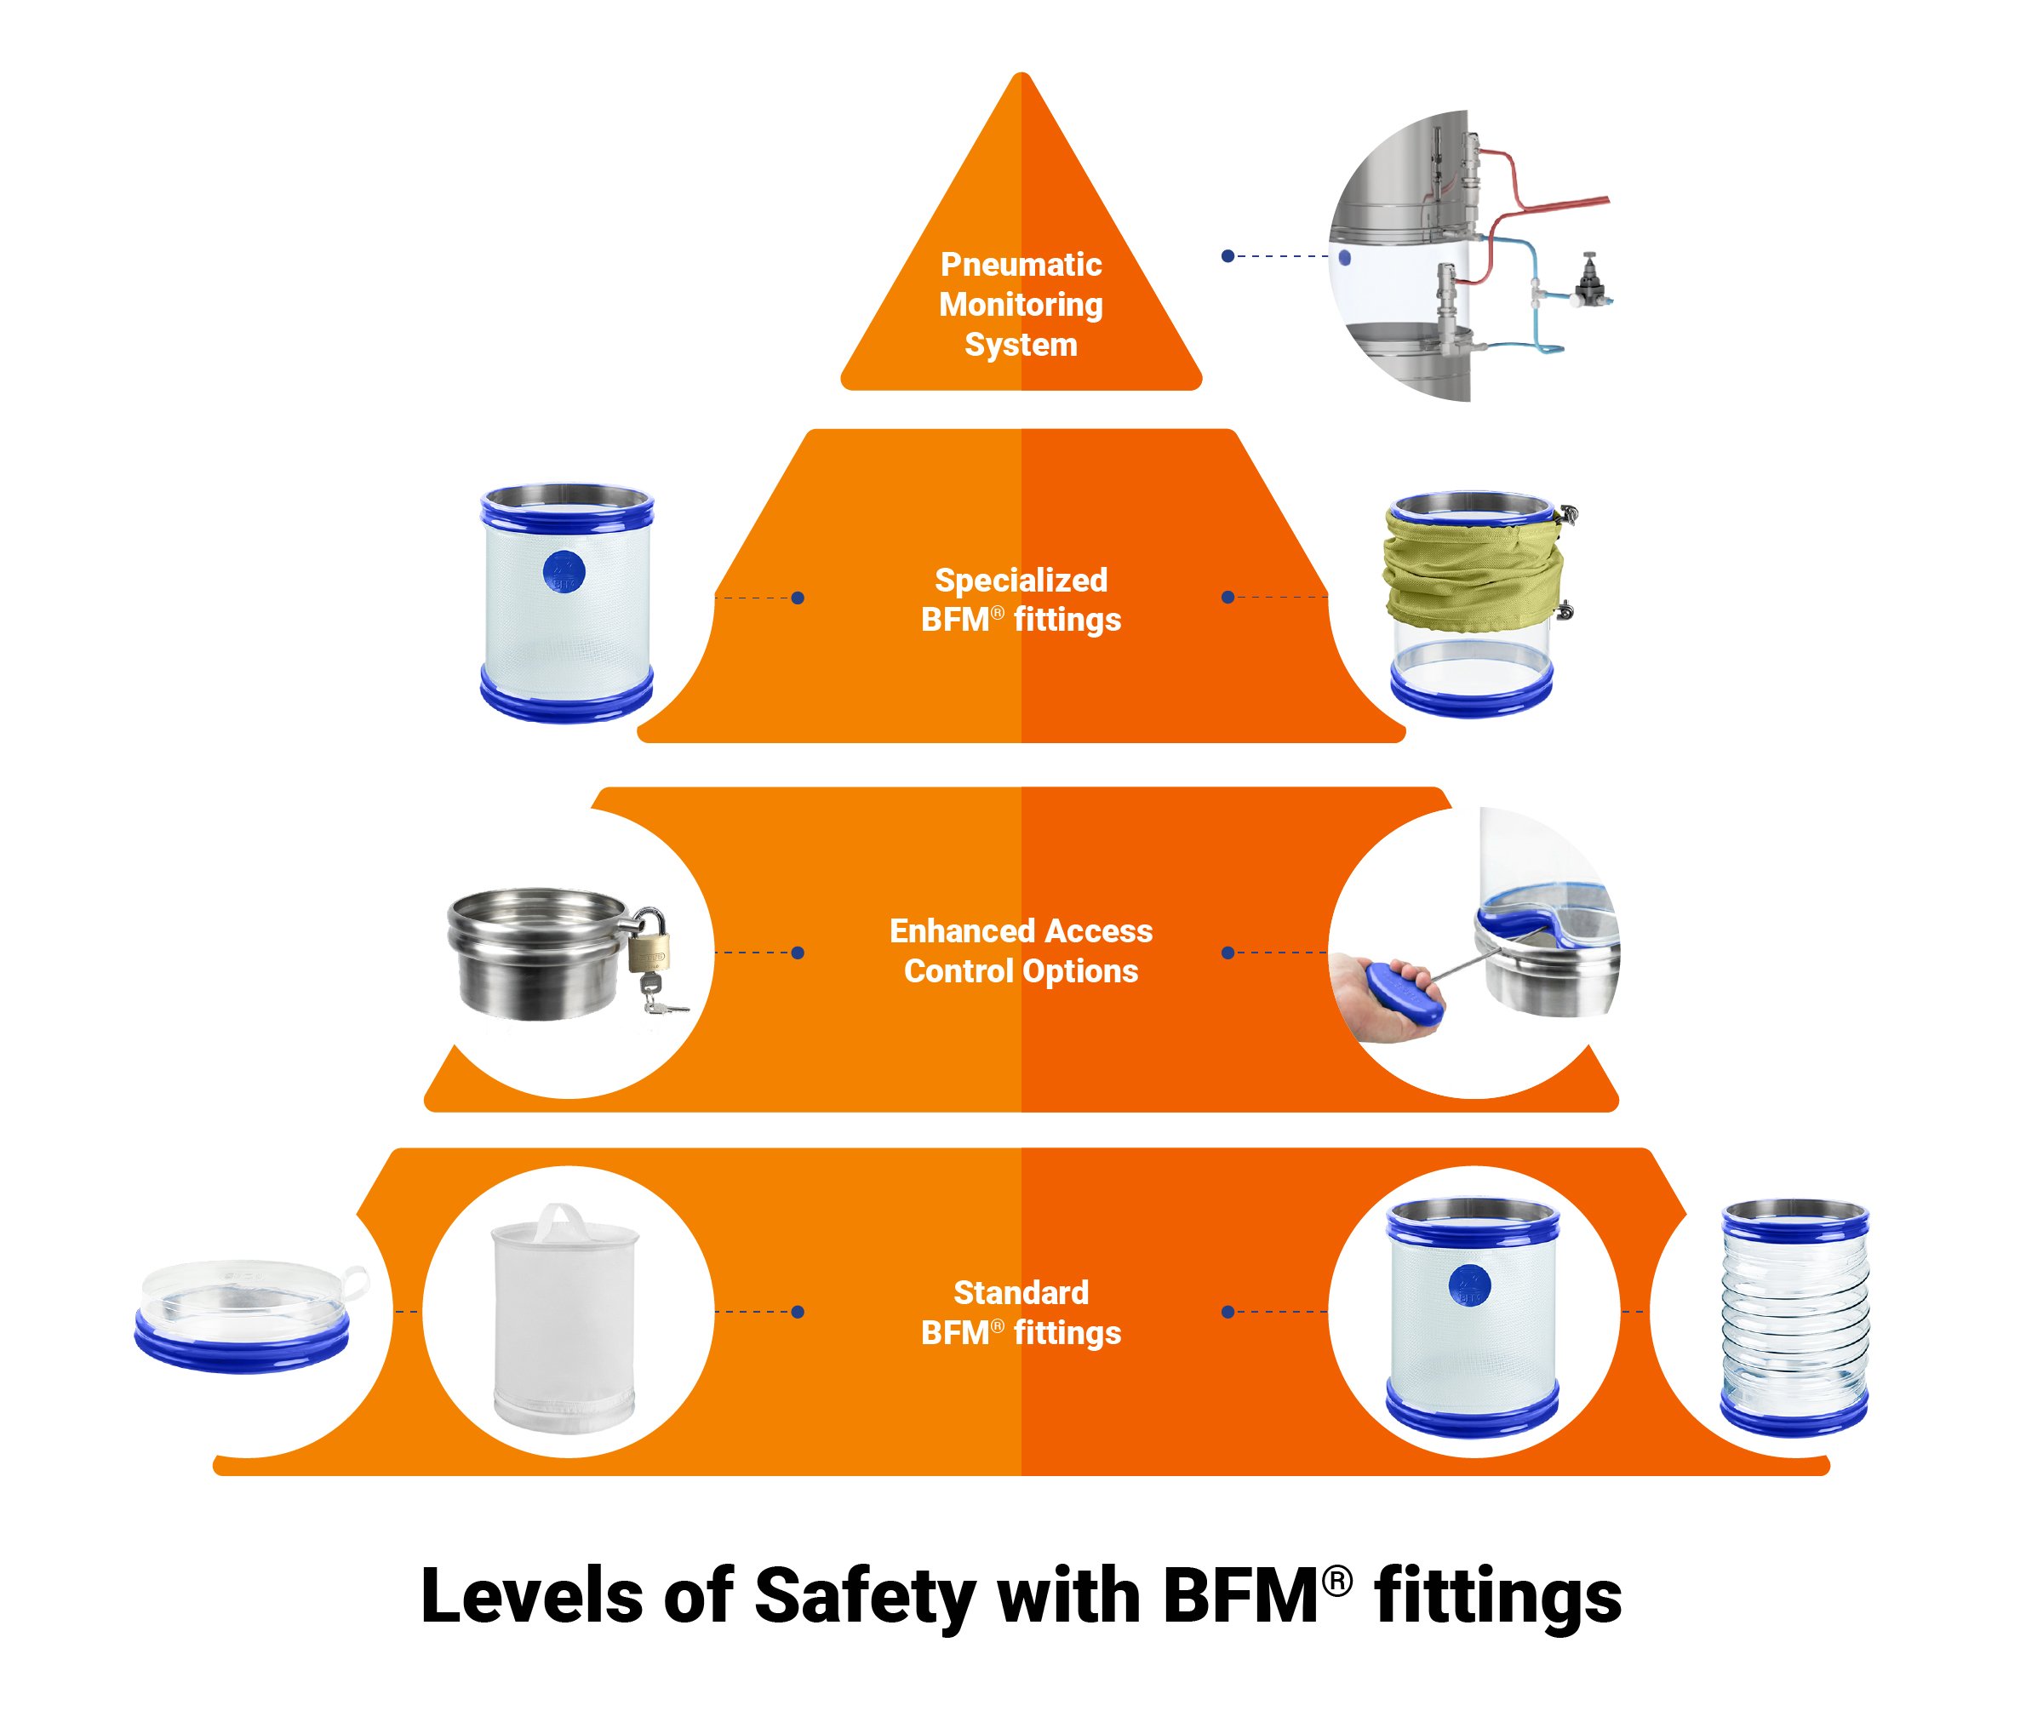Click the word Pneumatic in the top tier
tap(1021, 265)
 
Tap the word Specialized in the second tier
tap(1021, 580)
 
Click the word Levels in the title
tap(532, 1595)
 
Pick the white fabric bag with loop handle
tap(564, 1317)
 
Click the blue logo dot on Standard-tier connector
tap(1469, 1285)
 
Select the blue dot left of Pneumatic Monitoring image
tap(1227, 256)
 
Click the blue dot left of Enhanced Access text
tap(798, 953)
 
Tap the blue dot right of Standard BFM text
tap(1227, 1313)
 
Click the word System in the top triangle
tap(1021, 345)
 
